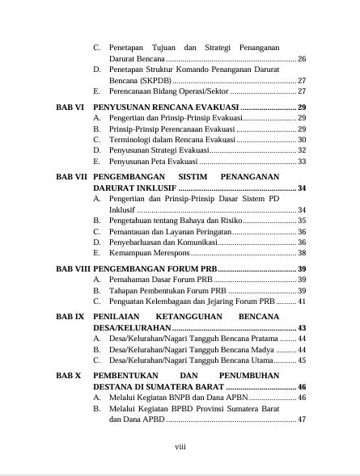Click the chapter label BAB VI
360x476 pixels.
(x=69, y=107)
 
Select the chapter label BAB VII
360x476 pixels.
(x=70, y=176)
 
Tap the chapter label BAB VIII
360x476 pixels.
(x=72, y=267)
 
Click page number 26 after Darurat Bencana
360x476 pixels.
(x=301, y=60)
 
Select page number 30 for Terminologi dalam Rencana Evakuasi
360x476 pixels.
(x=301, y=140)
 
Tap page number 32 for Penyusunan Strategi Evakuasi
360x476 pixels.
(x=301, y=150)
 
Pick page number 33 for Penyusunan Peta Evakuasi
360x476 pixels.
(x=301, y=162)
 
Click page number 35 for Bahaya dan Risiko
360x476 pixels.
(x=301, y=220)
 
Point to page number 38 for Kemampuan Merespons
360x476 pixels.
(x=301, y=253)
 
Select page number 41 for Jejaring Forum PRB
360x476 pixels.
(x=301, y=301)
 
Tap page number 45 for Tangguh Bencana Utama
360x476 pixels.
(x=301, y=360)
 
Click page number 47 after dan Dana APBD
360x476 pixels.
(x=301, y=419)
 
